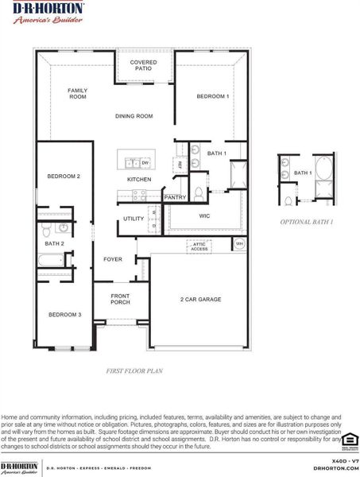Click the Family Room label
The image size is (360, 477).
[x=77, y=94]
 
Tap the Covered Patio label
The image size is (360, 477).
[x=143, y=65]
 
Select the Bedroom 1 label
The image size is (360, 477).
[x=213, y=96]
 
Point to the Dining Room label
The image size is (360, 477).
[x=134, y=116]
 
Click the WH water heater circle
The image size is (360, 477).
[x=239, y=244]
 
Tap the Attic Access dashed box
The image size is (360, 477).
[x=199, y=246]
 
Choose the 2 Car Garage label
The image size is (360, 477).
[x=200, y=300]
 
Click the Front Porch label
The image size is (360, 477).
[x=121, y=299]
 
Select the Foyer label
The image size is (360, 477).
[x=113, y=259]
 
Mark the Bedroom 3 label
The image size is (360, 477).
[x=64, y=315]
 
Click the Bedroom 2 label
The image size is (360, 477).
[x=64, y=176]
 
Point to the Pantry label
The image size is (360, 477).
[x=175, y=197]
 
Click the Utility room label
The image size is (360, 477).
[x=133, y=219]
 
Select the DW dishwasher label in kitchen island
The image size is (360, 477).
[x=145, y=163]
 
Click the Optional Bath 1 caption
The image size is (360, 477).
[x=305, y=222]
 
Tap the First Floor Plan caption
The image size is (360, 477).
[x=134, y=370]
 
